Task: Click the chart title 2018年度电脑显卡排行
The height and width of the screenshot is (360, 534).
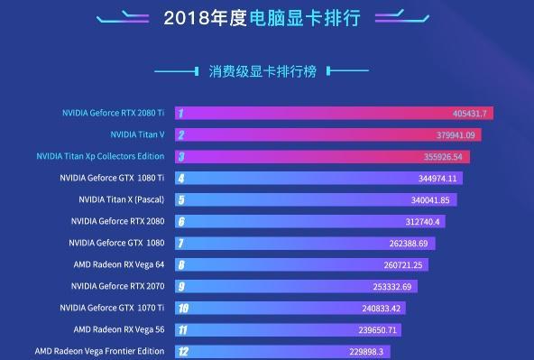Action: pos(266,17)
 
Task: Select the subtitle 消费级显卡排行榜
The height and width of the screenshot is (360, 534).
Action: pos(262,71)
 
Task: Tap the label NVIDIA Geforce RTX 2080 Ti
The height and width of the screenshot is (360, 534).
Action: pos(113,113)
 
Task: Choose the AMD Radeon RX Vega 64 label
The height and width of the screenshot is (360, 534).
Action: pos(119,264)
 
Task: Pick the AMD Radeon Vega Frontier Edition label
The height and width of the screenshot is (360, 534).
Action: pos(99,351)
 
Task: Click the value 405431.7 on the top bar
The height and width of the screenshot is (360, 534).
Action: pos(469,114)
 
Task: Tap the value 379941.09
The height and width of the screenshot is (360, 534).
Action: pos(456,135)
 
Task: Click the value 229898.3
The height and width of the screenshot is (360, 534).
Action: pos(366,352)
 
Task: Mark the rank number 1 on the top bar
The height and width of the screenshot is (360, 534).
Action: pos(181,114)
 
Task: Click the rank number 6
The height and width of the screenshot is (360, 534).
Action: pos(181,222)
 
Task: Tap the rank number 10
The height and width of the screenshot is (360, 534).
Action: pos(183,309)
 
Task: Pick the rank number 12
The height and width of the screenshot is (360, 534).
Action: pos(183,352)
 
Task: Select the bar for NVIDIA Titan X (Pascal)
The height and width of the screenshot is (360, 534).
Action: pos(307,200)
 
